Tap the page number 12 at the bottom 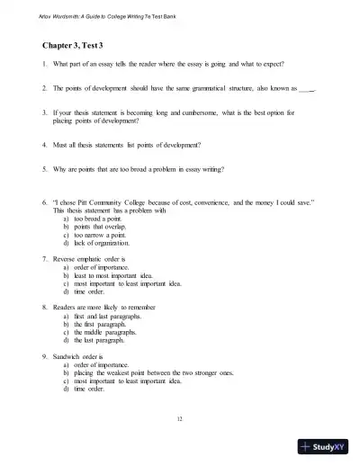(180, 419)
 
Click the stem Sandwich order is (85, 355)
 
